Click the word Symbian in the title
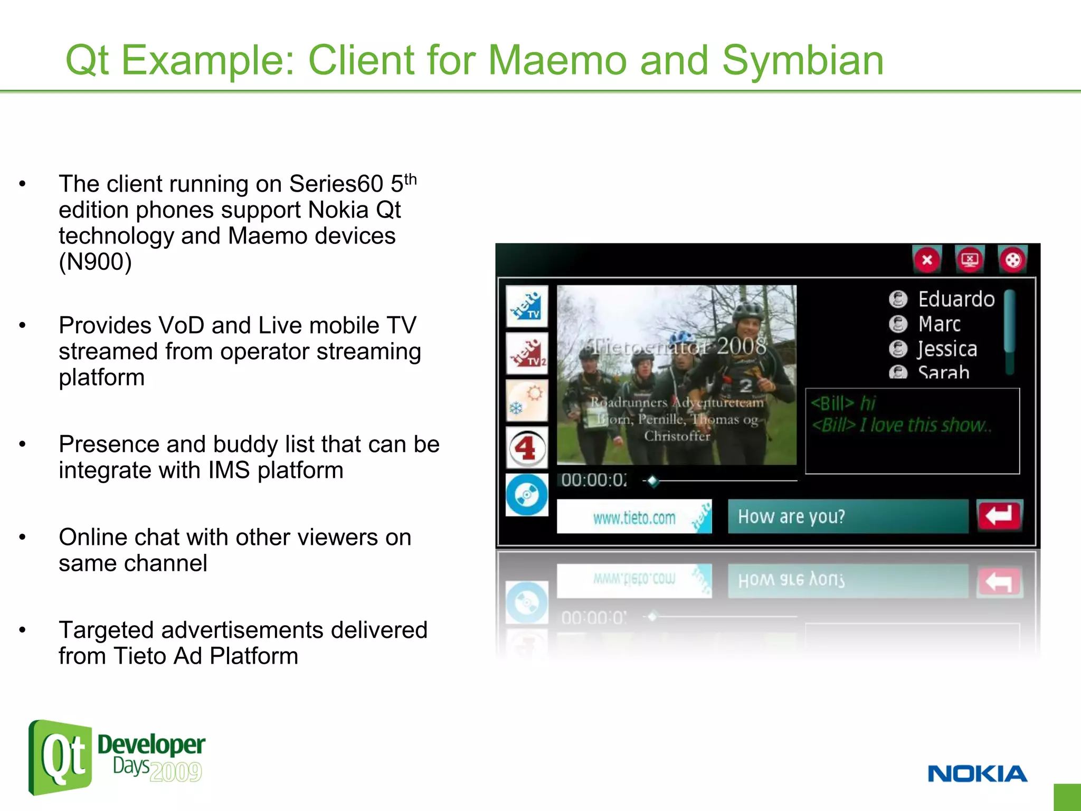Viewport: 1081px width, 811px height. click(x=802, y=61)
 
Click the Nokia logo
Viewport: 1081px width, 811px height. click(x=977, y=774)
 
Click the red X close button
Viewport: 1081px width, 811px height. click(x=927, y=260)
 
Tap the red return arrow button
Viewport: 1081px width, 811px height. click(x=999, y=515)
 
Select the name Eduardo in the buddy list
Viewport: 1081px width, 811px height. click(x=956, y=299)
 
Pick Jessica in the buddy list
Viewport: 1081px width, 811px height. click(x=947, y=349)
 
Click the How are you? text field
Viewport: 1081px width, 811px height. click(x=847, y=516)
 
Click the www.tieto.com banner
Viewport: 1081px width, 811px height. click(x=634, y=517)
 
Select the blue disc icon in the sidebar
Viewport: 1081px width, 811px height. click(x=526, y=495)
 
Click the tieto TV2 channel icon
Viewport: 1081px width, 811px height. click(x=526, y=353)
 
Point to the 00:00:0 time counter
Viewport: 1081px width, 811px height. click(x=594, y=480)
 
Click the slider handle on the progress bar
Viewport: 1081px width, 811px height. click(x=653, y=480)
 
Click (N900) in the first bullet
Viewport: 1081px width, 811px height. click(x=95, y=262)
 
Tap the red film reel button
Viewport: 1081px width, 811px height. click(x=1012, y=260)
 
